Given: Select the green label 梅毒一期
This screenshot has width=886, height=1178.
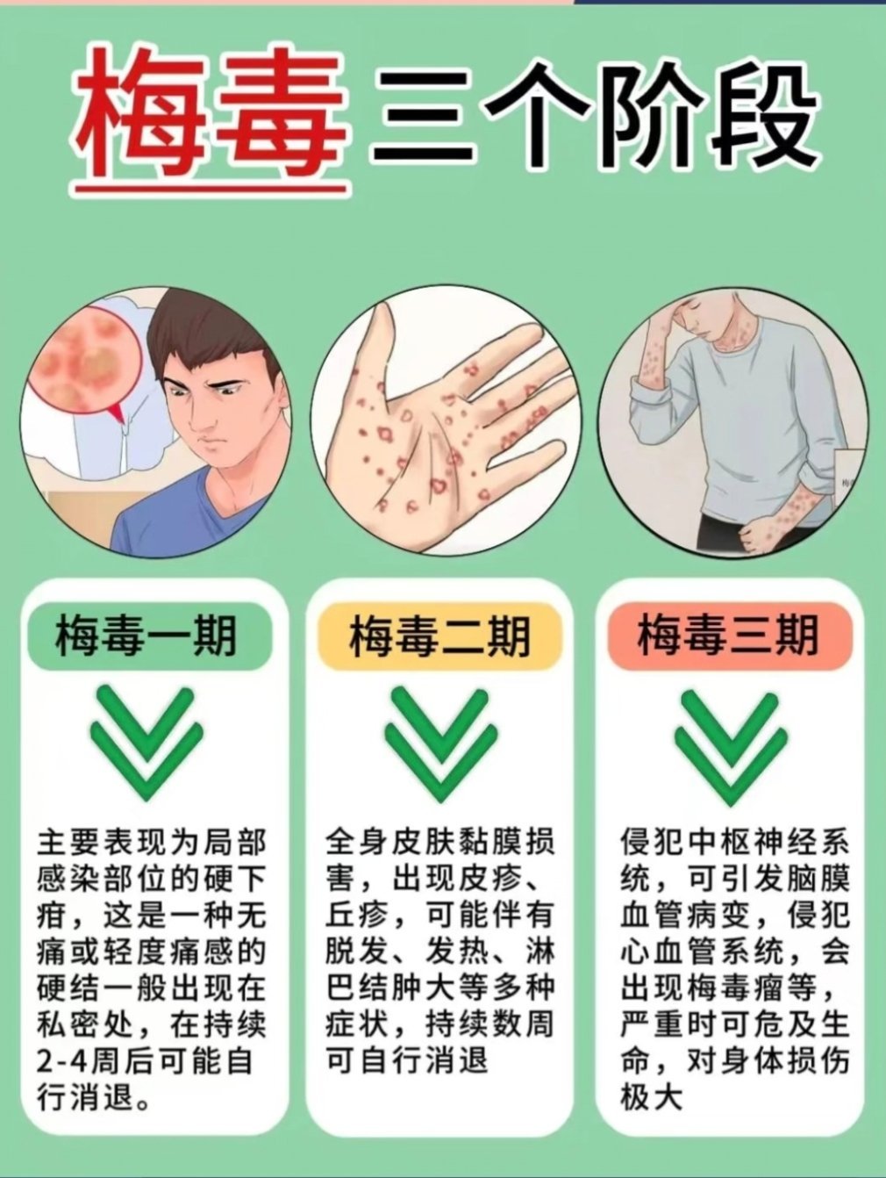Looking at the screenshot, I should point(146,635).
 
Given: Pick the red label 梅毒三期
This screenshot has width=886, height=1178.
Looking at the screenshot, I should point(728,635).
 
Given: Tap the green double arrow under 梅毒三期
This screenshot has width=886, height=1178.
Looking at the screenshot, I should point(727,741).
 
